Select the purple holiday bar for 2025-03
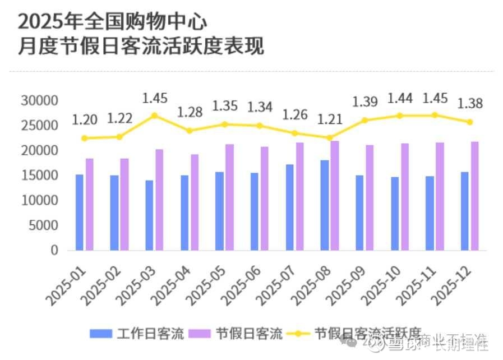click(159, 200)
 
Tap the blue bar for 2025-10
click(395, 214)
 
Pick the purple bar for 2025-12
click(475, 196)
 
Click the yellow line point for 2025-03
click(155, 116)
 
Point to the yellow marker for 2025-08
click(330, 137)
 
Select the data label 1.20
click(85, 119)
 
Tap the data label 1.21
click(330, 120)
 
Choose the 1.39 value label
click(365, 102)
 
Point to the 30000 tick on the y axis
click(39, 101)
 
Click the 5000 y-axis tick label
click(43, 225)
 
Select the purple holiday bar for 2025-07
click(300, 196)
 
